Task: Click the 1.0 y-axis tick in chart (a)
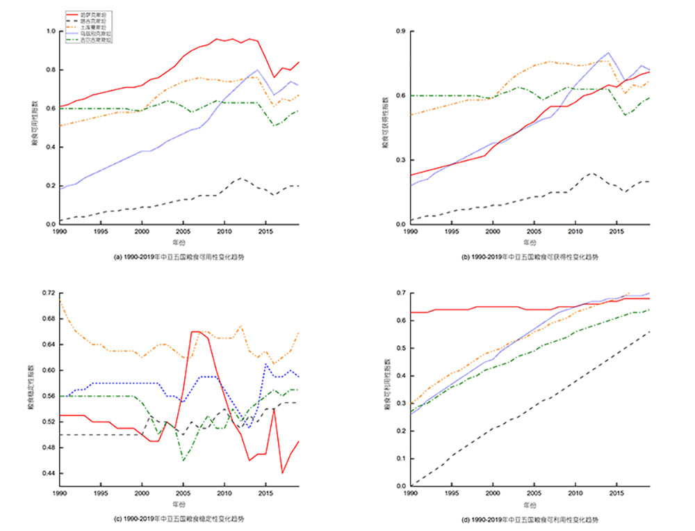[x=51, y=31]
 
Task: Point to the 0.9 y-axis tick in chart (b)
[x=402, y=31]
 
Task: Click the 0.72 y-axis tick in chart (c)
[x=50, y=293]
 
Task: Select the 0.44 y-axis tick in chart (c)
[x=50, y=473]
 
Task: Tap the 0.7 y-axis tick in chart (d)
[x=402, y=293]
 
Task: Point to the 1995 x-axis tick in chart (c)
[x=101, y=494]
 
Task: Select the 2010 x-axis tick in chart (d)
[x=575, y=494]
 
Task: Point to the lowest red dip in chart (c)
[x=282, y=473]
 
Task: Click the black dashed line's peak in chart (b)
[x=591, y=173]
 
